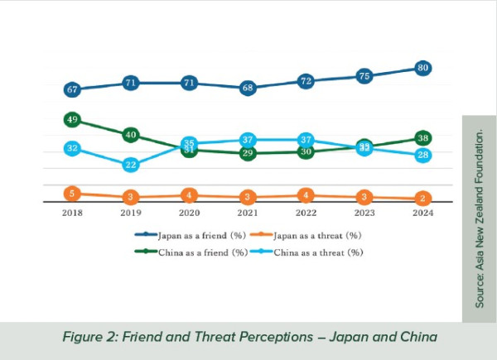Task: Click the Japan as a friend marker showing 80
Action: point(423,68)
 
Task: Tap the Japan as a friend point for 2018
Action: point(72,89)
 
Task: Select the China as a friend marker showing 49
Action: point(72,120)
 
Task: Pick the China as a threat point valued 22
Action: point(131,165)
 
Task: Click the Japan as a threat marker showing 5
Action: point(72,194)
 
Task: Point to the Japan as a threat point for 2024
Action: point(423,199)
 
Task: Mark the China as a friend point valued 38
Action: point(423,138)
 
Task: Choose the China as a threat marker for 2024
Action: point(423,155)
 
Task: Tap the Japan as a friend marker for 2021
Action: point(248,88)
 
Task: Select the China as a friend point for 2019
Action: point(131,135)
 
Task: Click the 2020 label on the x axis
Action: point(189,213)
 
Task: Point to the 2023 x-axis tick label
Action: point(364,213)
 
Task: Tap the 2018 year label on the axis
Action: point(72,213)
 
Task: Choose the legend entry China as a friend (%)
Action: point(189,252)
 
